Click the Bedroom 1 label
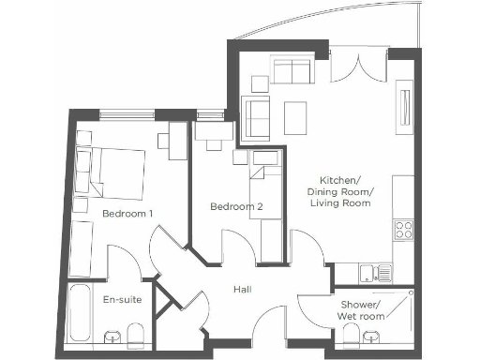point(127,214)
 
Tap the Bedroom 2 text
point(230,207)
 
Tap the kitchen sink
point(379,273)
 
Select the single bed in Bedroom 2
point(268,206)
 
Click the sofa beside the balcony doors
point(293,70)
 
